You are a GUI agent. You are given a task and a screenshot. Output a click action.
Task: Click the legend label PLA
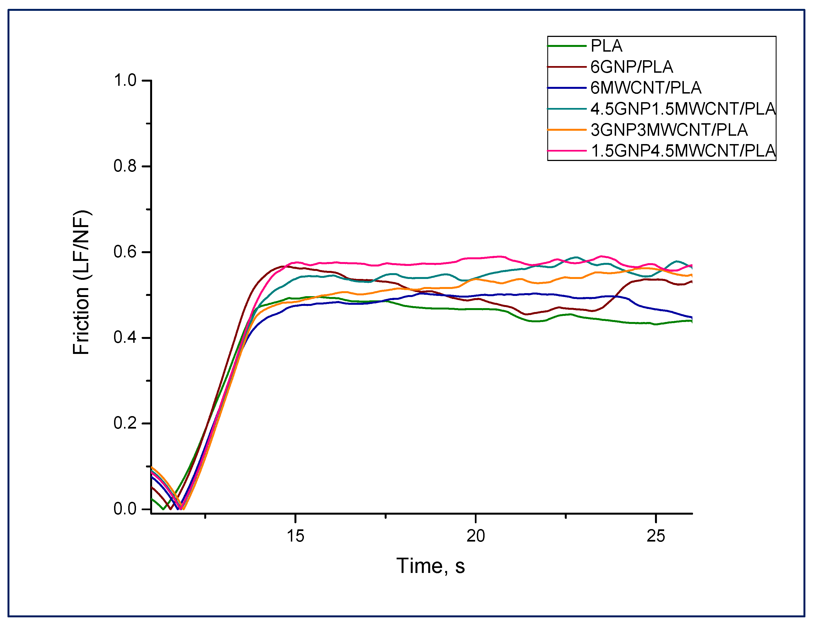click(606, 46)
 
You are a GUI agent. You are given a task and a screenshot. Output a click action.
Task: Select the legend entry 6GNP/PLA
click(632, 67)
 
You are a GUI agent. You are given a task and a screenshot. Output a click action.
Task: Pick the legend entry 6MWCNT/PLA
click(646, 88)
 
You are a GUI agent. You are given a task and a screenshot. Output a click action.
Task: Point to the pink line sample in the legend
click(567, 151)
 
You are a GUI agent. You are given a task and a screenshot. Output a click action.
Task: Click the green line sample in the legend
click(567, 46)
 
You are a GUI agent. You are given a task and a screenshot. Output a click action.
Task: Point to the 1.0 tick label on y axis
click(125, 80)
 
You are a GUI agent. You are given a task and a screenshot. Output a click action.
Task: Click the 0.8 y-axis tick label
click(125, 166)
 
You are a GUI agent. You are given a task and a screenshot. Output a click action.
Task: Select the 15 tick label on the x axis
click(296, 536)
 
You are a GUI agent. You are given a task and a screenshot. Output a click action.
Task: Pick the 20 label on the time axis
click(476, 536)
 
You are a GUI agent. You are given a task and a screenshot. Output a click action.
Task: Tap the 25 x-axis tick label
click(656, 536)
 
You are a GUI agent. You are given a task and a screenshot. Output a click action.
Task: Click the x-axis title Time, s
click(430, 566)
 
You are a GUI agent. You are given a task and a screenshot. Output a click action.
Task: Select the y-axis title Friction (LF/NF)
click(81, 282)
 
